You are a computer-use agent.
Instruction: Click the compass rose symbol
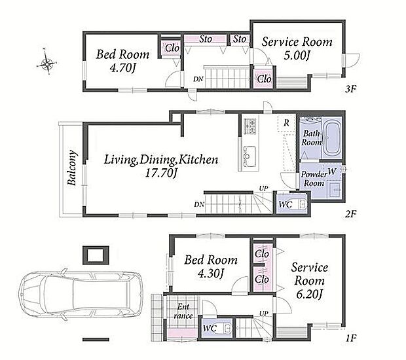pos(46,62)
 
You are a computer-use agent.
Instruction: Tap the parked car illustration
pos(81,295)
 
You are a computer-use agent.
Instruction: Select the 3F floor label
pos(351,89)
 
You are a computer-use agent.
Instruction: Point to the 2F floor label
pos(351,214)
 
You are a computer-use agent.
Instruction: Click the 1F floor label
pos(352,338)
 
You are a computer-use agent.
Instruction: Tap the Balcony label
pos(72,168)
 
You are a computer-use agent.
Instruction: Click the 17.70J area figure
pos(161,173)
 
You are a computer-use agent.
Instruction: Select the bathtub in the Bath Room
pos(333,139)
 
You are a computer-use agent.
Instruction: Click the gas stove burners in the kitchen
pos(249,126)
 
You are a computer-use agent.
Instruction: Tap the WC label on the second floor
pos(286,205)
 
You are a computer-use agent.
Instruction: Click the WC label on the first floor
pos(210,329)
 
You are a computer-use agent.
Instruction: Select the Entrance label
pos(183,312)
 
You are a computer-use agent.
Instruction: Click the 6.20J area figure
pos(309,295)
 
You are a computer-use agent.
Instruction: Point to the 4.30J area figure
pos(210,274)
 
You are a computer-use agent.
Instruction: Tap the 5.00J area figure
pos(297,56)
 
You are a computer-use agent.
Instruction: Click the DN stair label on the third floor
pos(198,79)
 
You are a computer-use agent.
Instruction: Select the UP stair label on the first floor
pos(264,314)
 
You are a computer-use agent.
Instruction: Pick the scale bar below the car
pos(96,340)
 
